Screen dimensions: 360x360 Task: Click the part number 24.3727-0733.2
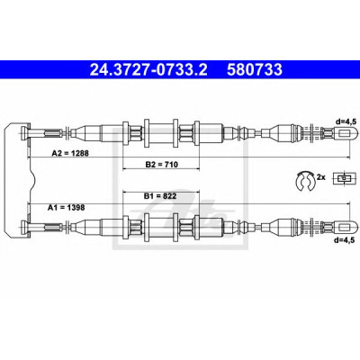pos(148,69)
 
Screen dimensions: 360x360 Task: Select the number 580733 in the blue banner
pos(255,69)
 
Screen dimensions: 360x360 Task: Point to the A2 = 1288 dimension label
pos(70,153)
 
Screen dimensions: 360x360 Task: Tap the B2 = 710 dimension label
pos(162,164)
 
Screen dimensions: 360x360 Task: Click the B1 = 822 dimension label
pos(160,196)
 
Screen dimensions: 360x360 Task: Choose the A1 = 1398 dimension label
pos(67,207)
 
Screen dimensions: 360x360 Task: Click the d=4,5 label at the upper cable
pos(346,121)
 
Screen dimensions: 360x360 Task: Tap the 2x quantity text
pos(321,177)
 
